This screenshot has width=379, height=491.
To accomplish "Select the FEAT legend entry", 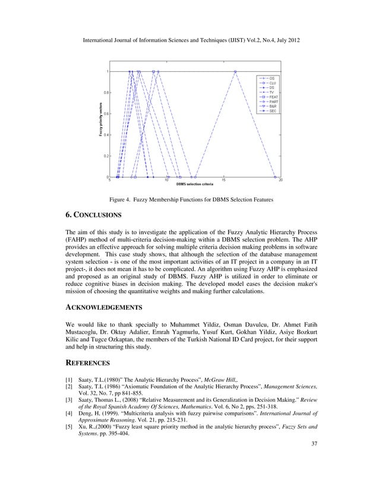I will point(273,97).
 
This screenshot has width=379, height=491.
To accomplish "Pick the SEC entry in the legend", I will point(272,111).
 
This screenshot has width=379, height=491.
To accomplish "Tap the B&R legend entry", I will point(272,106).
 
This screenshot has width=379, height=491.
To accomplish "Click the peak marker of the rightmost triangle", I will point(236,72).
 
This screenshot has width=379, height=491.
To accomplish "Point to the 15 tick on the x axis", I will point(223,181).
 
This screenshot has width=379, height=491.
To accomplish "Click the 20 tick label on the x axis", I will point(280,181).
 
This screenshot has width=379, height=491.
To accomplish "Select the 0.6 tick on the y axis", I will point(105,114).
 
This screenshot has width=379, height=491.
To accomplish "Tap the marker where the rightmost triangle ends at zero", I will point(275,177).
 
